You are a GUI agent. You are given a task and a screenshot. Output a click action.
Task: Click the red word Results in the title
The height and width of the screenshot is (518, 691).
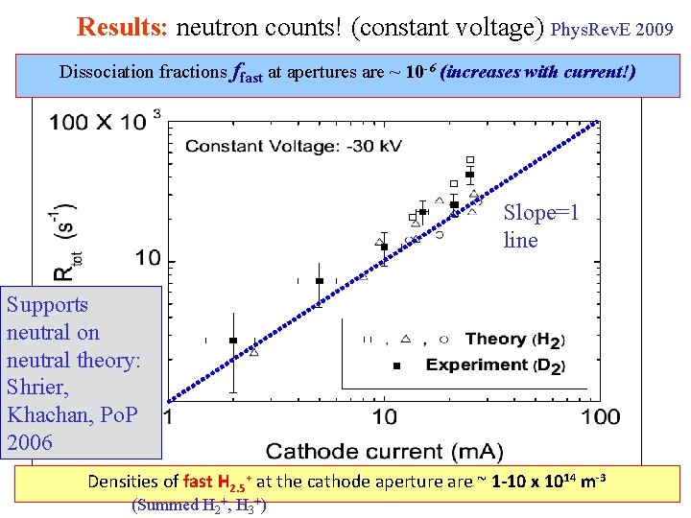coord(122,26)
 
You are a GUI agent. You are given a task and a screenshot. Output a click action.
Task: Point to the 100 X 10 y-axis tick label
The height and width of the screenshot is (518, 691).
coord(98,122)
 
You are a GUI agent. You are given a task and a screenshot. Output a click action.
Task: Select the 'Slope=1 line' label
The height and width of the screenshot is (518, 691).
coord(540,226)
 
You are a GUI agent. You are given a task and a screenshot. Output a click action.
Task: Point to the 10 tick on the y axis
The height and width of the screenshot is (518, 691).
coord(133,258)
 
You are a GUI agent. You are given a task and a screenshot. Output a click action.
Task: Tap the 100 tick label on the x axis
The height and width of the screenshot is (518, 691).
coord(601,416)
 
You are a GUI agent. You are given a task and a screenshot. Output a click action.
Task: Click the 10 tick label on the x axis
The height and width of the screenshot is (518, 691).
coord(384,416)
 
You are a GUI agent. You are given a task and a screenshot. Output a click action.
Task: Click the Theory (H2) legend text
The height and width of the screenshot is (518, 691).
coord(514,340)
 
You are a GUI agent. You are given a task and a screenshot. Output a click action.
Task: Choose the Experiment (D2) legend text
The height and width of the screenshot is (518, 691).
coord(495,365)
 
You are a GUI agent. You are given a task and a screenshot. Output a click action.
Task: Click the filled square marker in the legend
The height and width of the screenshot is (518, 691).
coord(396,365)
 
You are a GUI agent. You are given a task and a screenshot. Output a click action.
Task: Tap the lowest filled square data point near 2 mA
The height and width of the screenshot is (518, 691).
coord(233,341)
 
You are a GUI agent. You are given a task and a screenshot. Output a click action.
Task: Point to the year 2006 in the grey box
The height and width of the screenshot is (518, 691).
coord(31,443)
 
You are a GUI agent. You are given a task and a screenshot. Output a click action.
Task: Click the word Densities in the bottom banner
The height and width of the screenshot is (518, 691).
coord(131,482)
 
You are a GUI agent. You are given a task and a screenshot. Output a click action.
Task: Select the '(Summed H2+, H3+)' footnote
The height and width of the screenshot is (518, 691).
coord(199,505)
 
